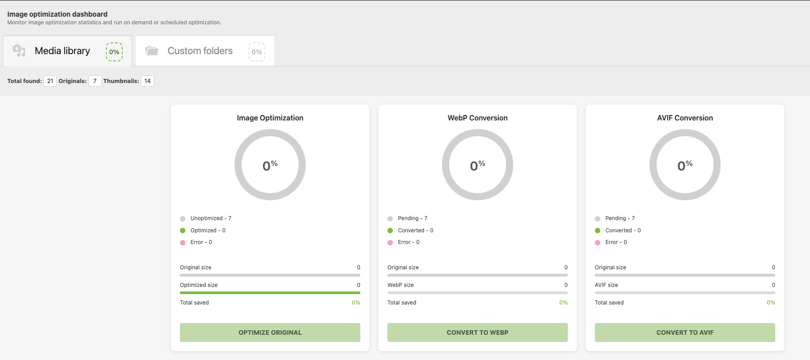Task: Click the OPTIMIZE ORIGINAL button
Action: pos(270,332)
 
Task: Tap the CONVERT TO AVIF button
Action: pos(685,332)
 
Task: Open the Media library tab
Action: pos(62,51)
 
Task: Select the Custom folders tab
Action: pos(200,51)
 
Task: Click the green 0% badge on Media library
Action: pos(114,52)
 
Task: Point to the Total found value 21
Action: pos(50,81)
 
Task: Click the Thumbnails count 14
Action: pos(147,81)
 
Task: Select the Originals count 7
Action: pos(95,81)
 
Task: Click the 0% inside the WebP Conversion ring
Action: pos(477,166)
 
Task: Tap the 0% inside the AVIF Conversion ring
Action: pos(685,166)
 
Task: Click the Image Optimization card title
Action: pos(270,118)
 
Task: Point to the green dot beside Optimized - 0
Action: pos(183,231)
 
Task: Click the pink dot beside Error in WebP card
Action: pos(390,243)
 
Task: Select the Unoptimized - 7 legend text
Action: pos(211,218)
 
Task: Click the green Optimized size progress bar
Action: pos(270,293)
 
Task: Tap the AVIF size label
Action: pos(606,285)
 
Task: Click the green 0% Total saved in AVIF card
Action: pos(771,303)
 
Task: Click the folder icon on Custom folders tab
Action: pos(152,51)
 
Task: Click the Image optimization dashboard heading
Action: pos(57,14)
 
